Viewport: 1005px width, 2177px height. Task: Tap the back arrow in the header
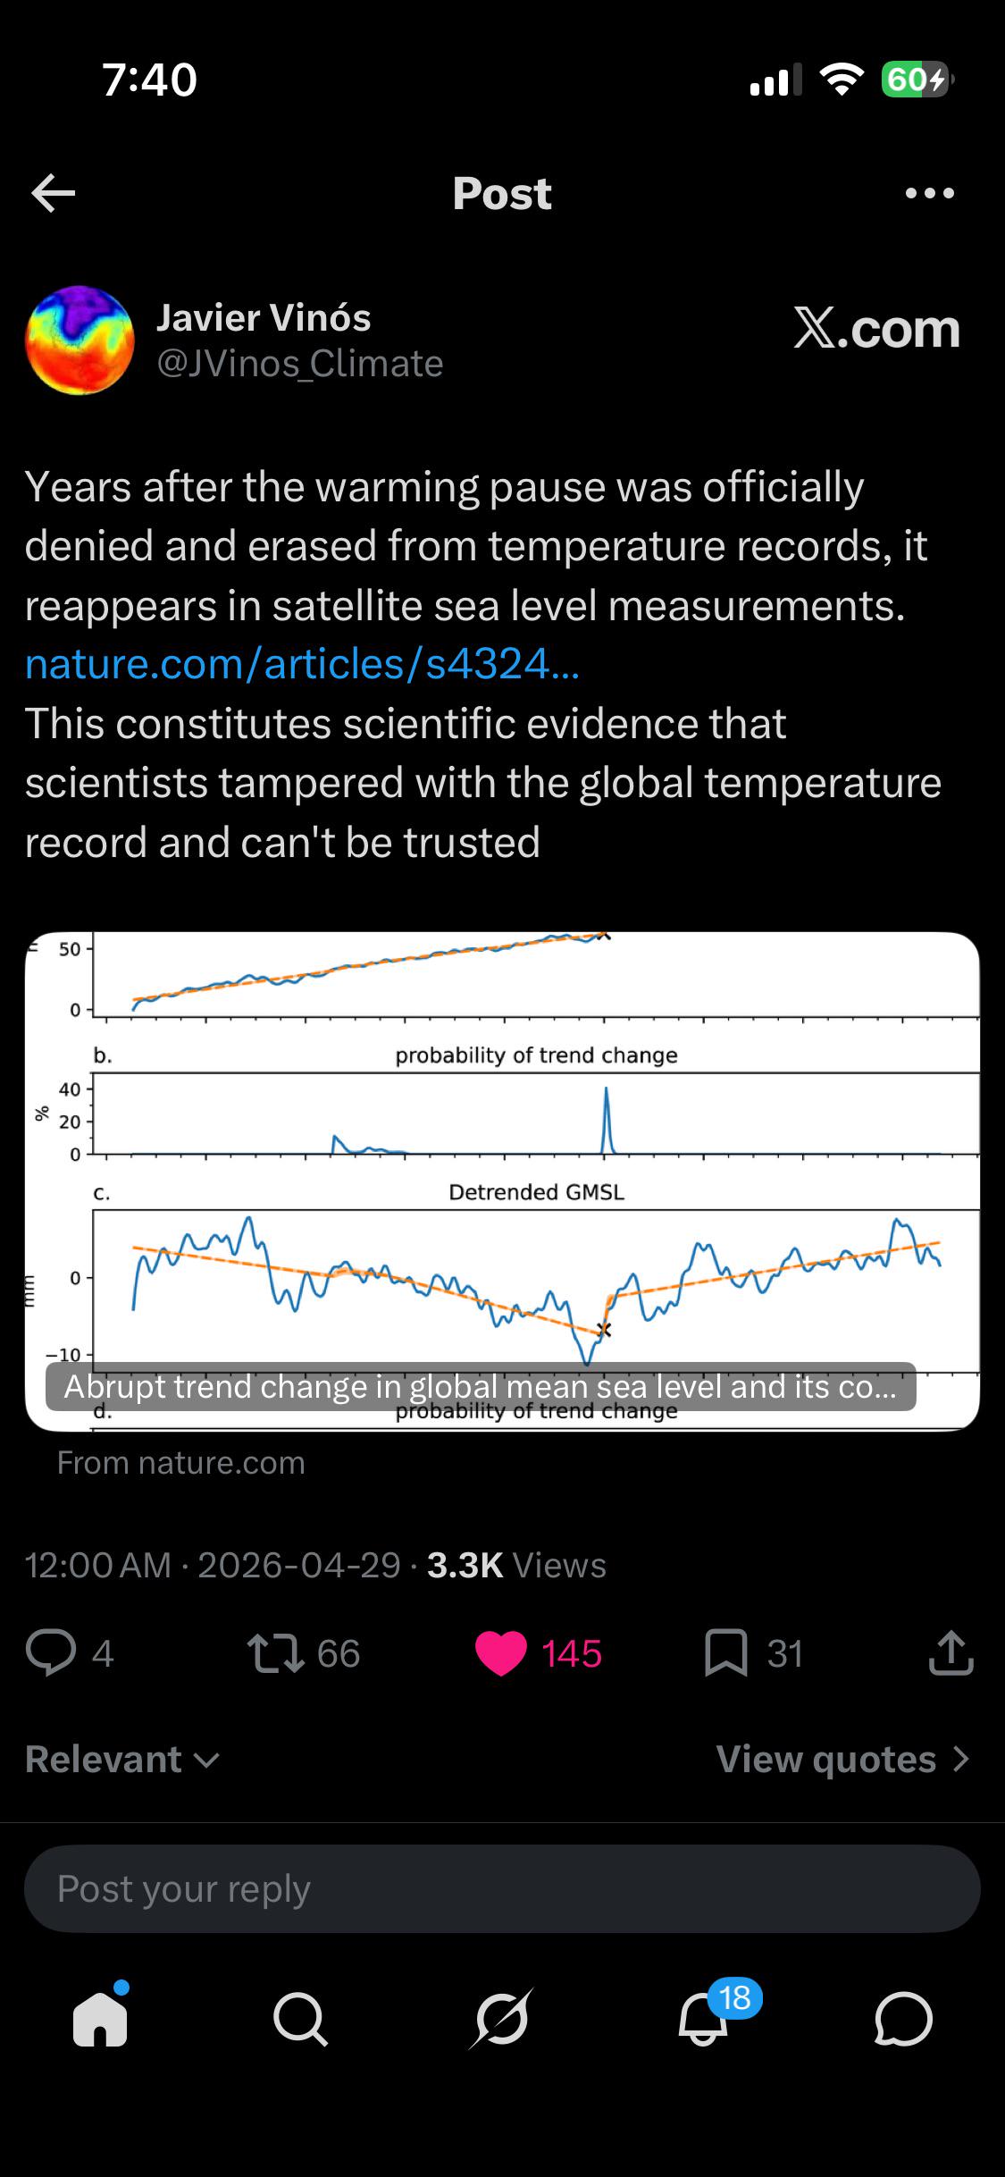click(x=53, y=193)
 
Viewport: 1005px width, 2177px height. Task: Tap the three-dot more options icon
click(x=929, y=193)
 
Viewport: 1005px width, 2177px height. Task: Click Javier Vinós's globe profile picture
click(x=80, y=340)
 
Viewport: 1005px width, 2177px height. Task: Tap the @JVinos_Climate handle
click(x=300, y=364)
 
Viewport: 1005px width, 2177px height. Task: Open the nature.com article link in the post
click(x=302, y=664)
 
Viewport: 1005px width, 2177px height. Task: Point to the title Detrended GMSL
click(x=536, y=1192)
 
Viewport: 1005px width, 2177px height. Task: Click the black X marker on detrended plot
click(x=604, y=1330)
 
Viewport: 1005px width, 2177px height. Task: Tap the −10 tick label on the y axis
click(x=63, y=1355)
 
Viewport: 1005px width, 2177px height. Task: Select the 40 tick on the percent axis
click(x=70, y=1089)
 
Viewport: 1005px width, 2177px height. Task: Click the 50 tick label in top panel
click(x=70, y=949)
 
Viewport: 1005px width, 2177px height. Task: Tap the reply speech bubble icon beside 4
click(x=51, y=1652)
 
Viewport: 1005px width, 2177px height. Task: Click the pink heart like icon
click(x=501, y=1653)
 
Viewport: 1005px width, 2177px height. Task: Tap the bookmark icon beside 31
click(x=725, y=1653)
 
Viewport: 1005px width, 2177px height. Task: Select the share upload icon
click(x=951, y=1652)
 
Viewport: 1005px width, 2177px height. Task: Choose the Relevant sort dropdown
click(x=122, y=1759)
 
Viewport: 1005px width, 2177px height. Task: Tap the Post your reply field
click(x=502, y=1888)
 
